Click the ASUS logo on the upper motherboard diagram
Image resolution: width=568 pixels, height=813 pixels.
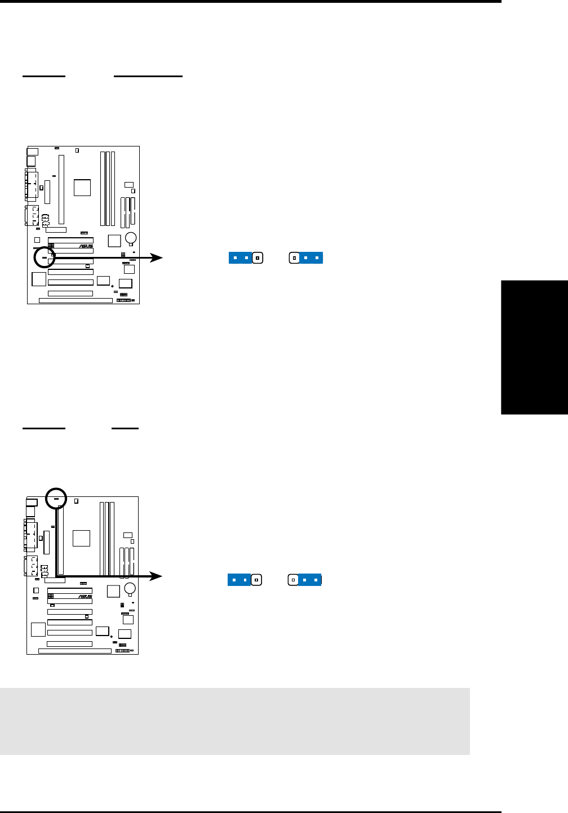pos(86,246)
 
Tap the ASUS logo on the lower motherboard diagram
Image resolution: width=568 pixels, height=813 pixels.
pos(85,597)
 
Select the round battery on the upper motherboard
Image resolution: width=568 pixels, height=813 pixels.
pos(131,238)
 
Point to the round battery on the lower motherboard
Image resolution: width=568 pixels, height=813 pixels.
pos(130,589)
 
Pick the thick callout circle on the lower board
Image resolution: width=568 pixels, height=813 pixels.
pos(56,498)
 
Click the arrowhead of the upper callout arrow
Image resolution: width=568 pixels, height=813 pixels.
pos(157,258)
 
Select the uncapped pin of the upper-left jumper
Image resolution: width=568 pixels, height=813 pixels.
pos(258,258)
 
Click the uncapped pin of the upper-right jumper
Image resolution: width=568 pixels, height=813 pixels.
pos(294,258)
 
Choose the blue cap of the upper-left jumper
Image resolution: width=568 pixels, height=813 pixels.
pos(240,258)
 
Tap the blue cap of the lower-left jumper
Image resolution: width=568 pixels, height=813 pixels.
pos(239,579)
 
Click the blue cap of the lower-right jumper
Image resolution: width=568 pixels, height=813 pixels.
pos(309,579)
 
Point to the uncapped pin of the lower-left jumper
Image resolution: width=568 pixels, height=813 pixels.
pos(256,579)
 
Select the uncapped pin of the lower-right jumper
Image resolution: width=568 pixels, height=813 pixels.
pos(293,579)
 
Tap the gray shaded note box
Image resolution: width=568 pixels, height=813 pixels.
pos(234,721)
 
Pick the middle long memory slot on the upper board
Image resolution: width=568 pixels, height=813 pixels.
pos(108,188)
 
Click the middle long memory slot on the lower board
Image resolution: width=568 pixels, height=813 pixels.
pos(106,539)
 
